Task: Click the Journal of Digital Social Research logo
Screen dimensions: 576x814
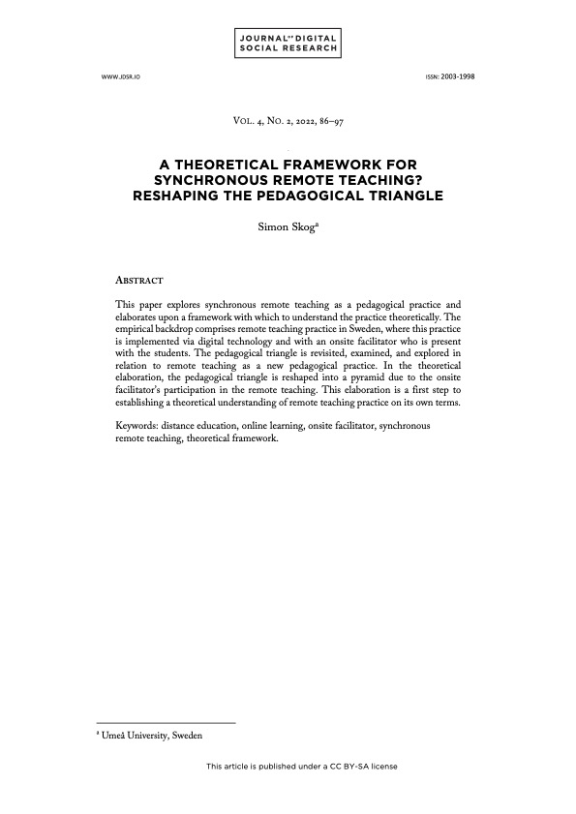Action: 288,43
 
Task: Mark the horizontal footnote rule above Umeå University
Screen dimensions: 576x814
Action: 167,723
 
